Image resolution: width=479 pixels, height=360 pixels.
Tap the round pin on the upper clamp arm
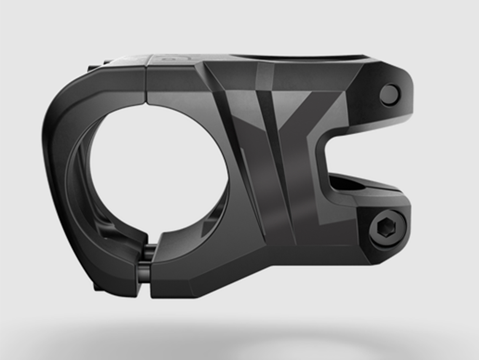(389, 95)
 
